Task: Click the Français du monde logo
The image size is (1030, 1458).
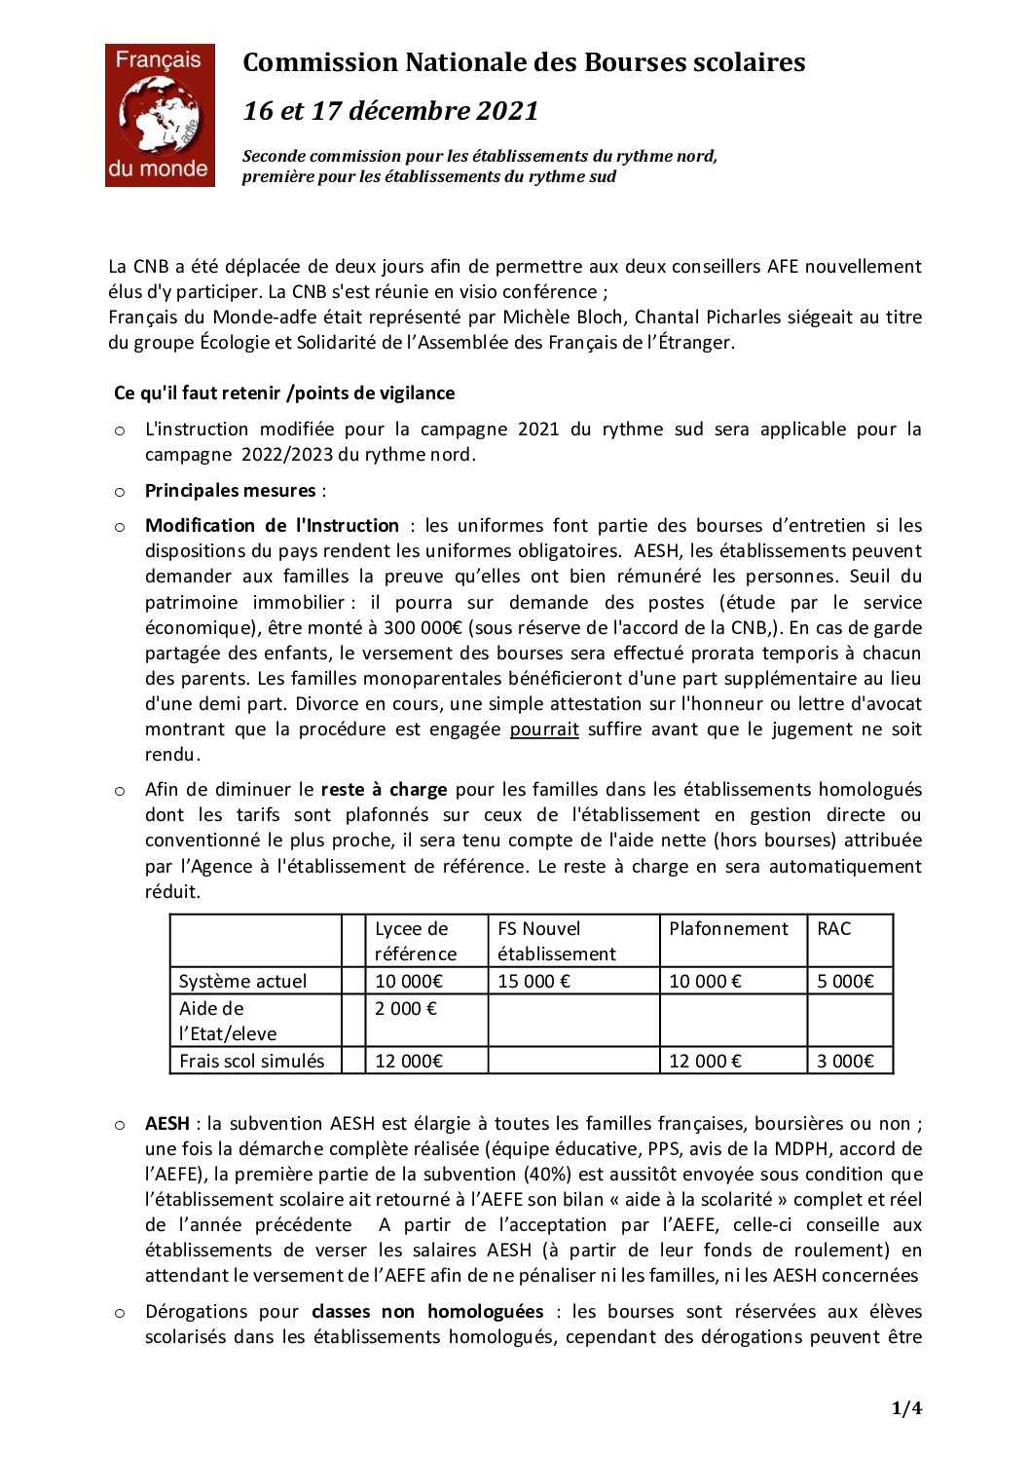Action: [160, 115]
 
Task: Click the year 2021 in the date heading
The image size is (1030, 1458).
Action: [507, 111]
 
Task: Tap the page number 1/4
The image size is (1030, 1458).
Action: [906, 1407]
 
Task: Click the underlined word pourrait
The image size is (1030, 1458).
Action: [544, 729]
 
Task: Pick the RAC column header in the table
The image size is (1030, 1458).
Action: [833, 929]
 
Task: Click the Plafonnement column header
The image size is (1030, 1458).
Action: [728, 929]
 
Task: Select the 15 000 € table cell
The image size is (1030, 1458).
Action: [533, 982]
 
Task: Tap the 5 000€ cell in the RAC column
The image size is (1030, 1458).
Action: [845, 982]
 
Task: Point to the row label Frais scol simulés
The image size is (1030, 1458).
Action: [251, 1062]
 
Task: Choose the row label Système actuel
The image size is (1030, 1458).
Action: [242, 982]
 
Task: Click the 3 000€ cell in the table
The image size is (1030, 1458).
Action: [845, 1062]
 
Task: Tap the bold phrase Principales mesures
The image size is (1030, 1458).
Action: [230, 491]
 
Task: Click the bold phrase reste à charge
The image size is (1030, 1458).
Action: [384, 790]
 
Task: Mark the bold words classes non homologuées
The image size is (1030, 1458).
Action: [427, 1312]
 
